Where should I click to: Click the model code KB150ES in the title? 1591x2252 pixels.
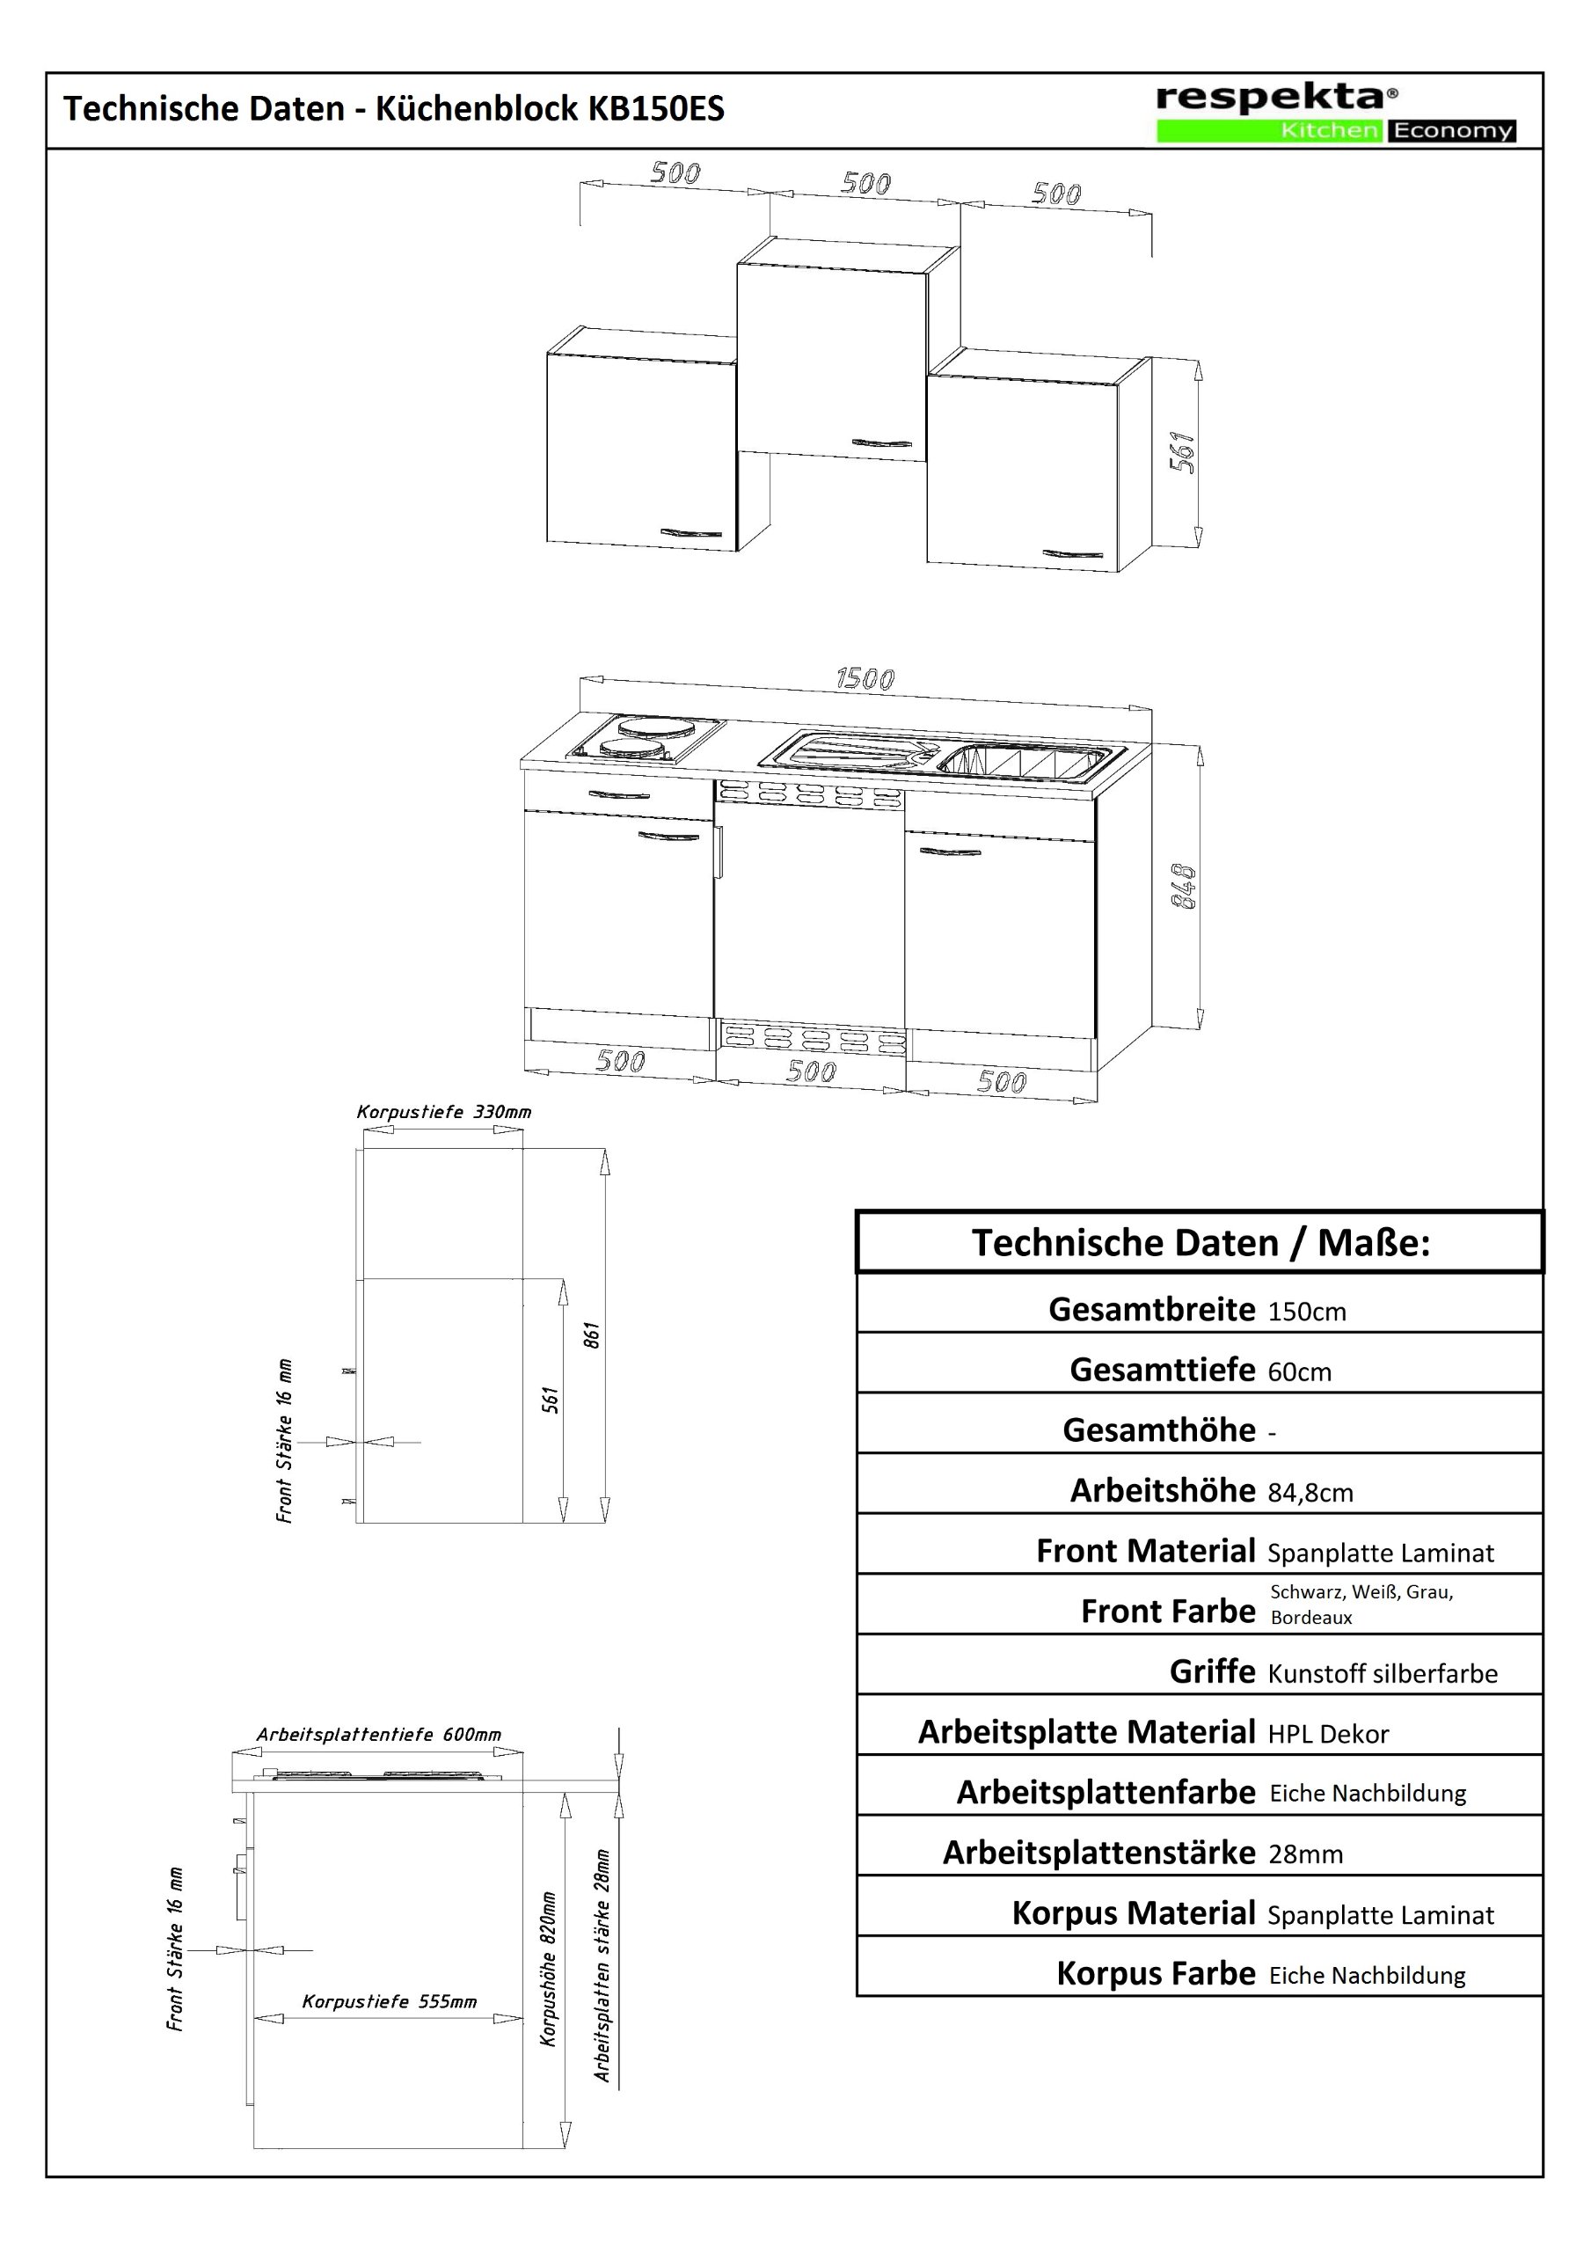click(x=655, y=109)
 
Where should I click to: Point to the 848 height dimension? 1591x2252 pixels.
click(x=1185, y=886)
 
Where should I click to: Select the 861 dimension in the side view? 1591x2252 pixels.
click(x=592, y=1334)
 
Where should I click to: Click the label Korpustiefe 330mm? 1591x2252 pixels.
click(x=443, y=1112)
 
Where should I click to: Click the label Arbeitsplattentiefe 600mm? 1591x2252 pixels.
click(x=379, y=1734)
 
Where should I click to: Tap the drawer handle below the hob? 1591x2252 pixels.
click(x=619, y=794)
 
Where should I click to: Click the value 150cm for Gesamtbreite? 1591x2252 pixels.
click(x=1307, y=1312)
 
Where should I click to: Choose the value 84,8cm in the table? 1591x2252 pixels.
click(x=1310, y=1493)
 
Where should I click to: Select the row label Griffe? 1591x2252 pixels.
click(x=1211, y=1671)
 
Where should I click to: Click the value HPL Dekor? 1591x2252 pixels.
click(x=1328, y=1734)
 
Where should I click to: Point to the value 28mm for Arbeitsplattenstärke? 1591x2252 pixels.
click(x=1304, y=1854)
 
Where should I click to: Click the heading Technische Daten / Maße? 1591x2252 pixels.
click(x=1200, y=1244)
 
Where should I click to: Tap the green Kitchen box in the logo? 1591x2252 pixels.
click(x=1271, y=130)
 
